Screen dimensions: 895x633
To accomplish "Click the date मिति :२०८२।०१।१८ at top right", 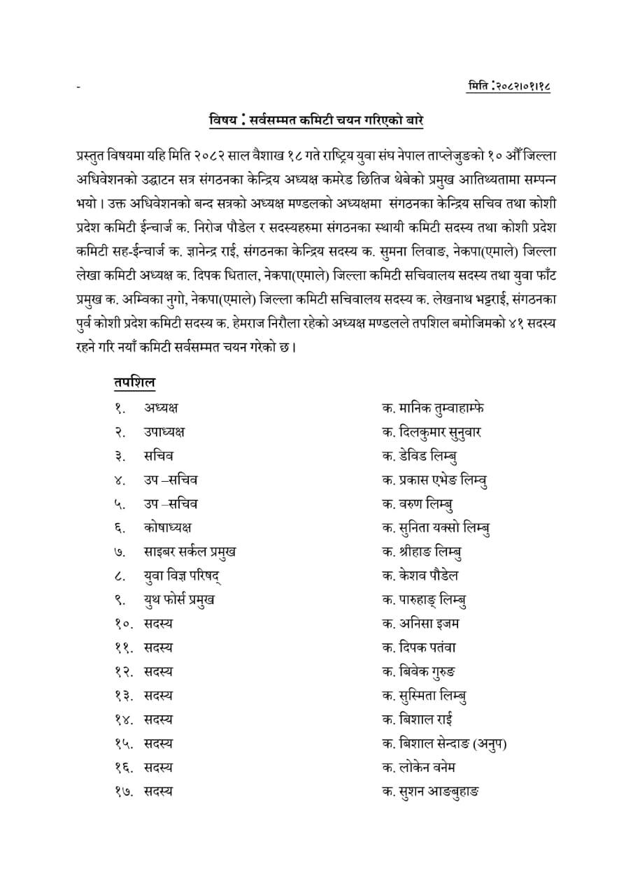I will click(x=513, y=87).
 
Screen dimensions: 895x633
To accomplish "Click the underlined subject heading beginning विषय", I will click(x=316, y=120).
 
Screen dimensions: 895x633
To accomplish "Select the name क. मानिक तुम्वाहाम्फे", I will click(x=432, y=408).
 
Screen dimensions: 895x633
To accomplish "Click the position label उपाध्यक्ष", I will click(x=164, y=431).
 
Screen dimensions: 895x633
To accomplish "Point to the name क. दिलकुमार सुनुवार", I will click(x=432, y=431).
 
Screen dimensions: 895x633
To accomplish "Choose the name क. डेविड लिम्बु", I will click(x=420, y=456).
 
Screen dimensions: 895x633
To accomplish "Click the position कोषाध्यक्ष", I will click(x=168, y=527).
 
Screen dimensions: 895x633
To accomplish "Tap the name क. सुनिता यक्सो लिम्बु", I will click(x=436, y=528).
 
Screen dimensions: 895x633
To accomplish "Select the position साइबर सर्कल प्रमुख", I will click(x=190, y=551).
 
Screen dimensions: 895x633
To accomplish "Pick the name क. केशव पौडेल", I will click(x=420, y=575).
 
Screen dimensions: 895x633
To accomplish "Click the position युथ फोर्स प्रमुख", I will click(x=179, y=599).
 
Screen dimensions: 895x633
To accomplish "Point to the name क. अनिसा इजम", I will click(x=420, y=623).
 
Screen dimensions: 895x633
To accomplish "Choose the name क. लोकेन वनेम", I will click(x=419, y=767).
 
